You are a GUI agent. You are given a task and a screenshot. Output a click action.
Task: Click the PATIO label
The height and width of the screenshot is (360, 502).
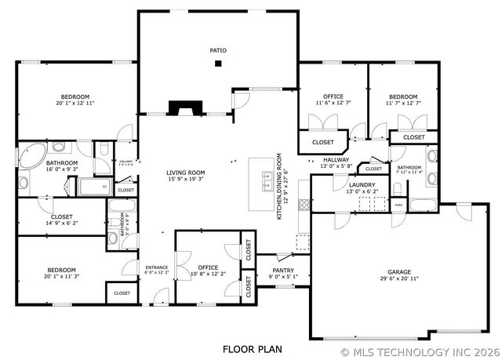[218, 50]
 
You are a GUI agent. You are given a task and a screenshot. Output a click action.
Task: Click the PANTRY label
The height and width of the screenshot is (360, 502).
[283, 270]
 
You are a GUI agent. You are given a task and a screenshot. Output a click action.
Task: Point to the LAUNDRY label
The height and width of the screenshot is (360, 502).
[362, 184]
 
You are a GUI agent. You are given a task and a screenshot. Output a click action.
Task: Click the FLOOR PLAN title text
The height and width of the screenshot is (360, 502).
[251, 348]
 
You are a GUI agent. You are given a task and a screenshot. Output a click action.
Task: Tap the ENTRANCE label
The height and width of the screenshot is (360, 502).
[157, 267]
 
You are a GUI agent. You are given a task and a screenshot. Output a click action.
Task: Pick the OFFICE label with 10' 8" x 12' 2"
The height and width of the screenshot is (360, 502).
[208, 267]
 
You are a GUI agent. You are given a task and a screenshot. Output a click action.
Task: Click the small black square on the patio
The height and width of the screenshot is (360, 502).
[219, 64]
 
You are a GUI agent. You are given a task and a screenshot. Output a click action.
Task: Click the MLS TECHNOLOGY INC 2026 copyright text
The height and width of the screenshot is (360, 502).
[419, 352]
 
